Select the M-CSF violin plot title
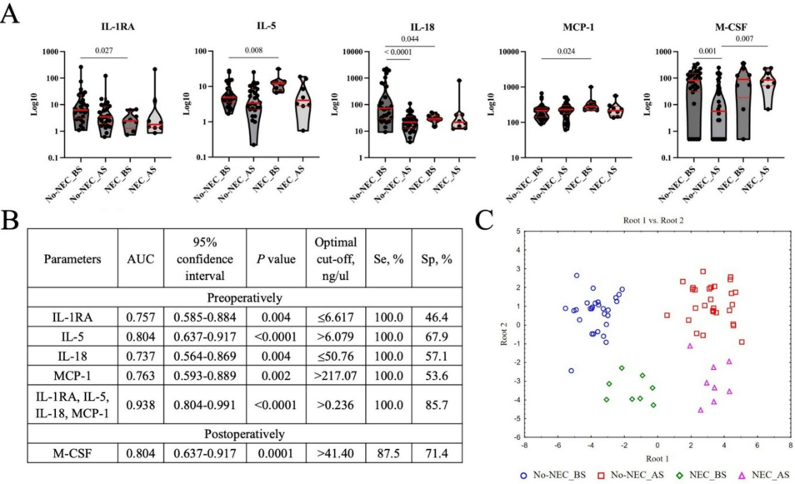(x=716, y=25)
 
